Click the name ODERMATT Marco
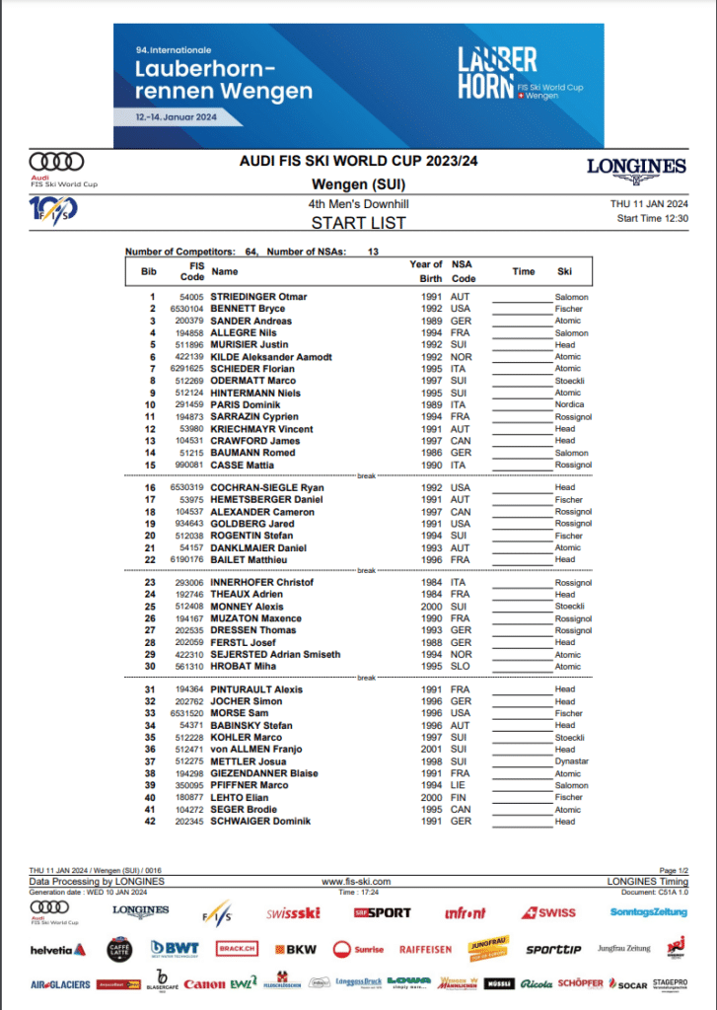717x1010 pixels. [x=253, y=381]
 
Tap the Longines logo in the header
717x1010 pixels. [x=636, y=168]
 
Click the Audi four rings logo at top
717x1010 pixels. [x=56, y=161]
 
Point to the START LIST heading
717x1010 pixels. [x=358, y=223]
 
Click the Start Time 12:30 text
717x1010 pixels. [x=652, y=218]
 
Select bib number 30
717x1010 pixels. [x=151, y=666]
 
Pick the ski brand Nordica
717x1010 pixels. [x=569, y=404]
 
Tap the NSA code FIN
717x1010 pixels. [x=461, y=797]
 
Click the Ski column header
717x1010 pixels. [x=564, y=271]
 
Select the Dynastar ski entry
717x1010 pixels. [x=571, y=761]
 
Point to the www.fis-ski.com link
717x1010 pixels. [x=356, y=882]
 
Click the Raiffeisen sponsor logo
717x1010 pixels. [x=425, y=950]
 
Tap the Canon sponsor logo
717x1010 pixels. [x=204, y=984]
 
